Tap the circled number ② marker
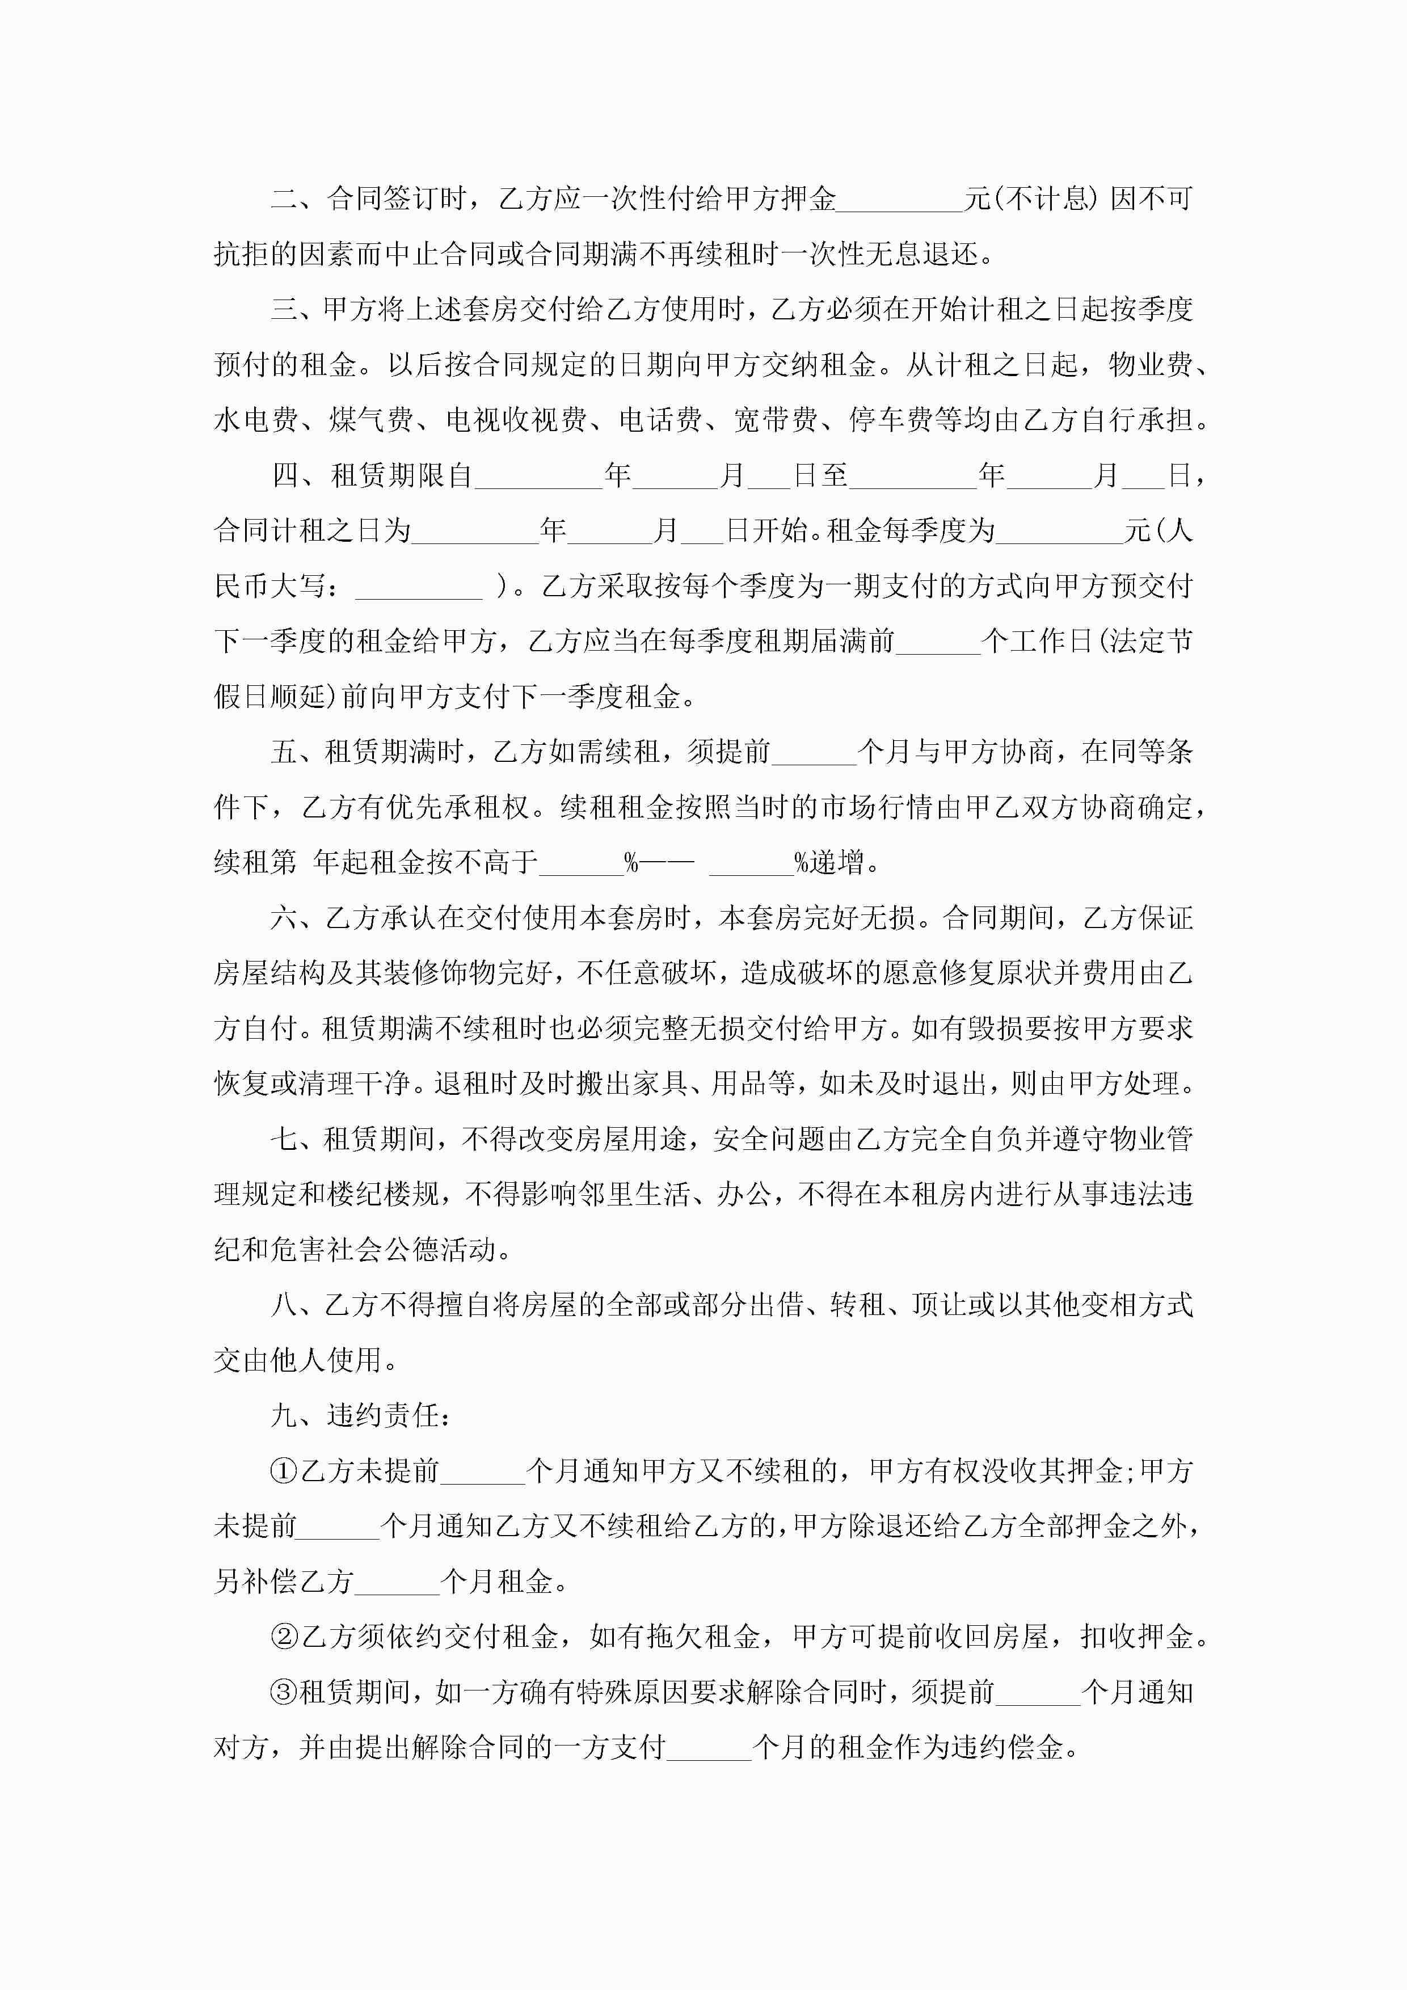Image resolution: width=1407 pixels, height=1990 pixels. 284,1637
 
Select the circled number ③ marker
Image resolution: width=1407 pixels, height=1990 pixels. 284,1693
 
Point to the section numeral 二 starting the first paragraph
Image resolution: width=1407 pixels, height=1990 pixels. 284,199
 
